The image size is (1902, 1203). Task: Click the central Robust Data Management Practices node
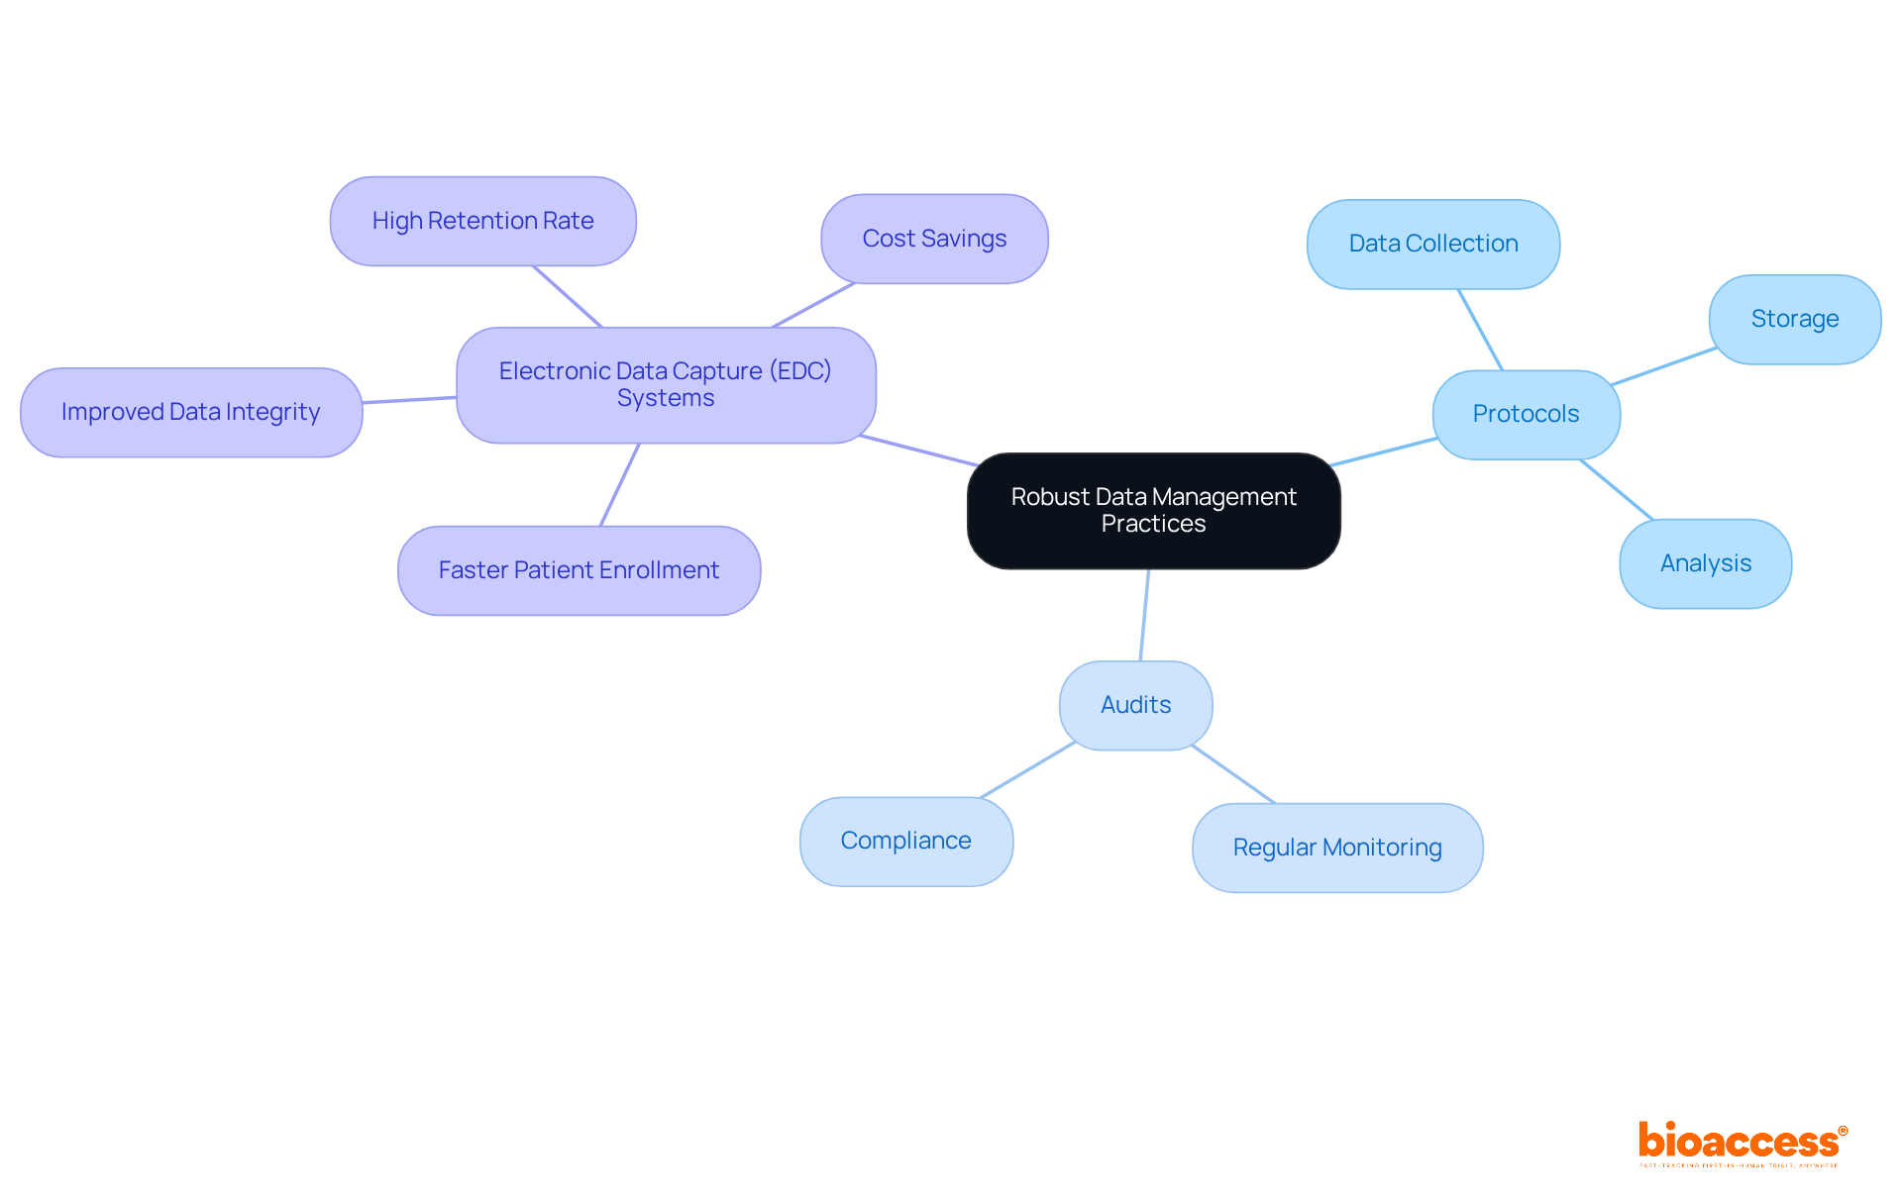coord(1153,511)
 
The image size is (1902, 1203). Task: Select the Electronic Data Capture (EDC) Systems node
coord(666,385)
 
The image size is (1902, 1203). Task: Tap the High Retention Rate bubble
coord(482,221)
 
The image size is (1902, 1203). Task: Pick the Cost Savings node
coord(934,239)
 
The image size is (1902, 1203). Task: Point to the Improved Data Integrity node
coord(191,412)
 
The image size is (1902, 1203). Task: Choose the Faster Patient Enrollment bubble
coord(579,570)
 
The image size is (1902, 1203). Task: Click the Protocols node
coord(1526,414)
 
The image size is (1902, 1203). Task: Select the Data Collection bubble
coord(1432,244)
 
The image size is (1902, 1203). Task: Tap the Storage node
coord(1794,319)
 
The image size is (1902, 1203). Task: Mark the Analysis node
coord(1705,563)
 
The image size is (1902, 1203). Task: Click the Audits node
coord(1135,705)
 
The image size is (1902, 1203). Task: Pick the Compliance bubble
coord(905,841)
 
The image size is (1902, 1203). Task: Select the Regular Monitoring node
coord(1336,848)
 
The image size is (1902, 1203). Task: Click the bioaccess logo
coord(1742,1143)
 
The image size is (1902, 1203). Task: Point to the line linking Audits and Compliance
coord(1027,770)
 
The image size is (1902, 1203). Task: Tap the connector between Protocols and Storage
coord(1664,366)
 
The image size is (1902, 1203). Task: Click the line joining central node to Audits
coord(1145,615)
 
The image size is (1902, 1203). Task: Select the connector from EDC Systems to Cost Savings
coord(813,305)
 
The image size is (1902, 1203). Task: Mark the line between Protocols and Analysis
coord(1617,490)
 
